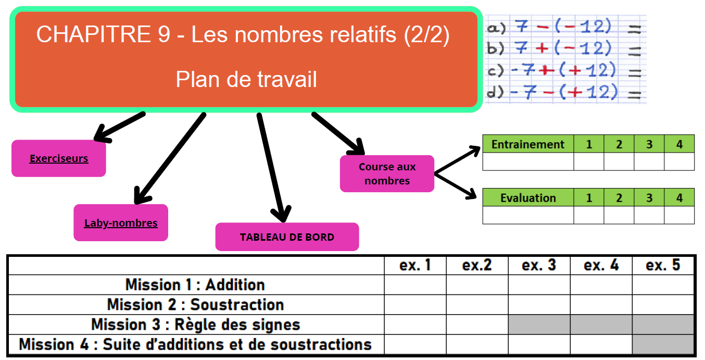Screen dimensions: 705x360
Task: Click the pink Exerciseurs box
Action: click(59, 158)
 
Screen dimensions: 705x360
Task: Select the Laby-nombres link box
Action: click(121, 223)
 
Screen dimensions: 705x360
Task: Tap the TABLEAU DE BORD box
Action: click(287, 237)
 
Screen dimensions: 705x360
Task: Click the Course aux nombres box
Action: click(387, 174)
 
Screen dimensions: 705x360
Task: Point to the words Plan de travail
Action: click(246, 80)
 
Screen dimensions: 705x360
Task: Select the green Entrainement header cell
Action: click(528, 144)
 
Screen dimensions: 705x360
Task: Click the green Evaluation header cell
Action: click(528, 198)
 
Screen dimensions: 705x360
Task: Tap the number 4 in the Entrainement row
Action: click(679, 144)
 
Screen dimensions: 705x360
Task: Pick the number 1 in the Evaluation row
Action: click(589, 198)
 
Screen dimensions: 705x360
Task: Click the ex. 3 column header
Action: click(539, 265)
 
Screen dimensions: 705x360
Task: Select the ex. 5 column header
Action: click(663, 265)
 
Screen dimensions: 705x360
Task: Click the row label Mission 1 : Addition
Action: click(195, 285)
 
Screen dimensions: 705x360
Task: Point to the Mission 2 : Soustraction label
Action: click(195, 305)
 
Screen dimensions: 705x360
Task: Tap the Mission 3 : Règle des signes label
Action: click(195, 325)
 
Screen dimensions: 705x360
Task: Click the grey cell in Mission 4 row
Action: click(663, 344)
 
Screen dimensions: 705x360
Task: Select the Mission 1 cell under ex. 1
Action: click(415, 285)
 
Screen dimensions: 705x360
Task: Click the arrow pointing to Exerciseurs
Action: click(119, 127)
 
